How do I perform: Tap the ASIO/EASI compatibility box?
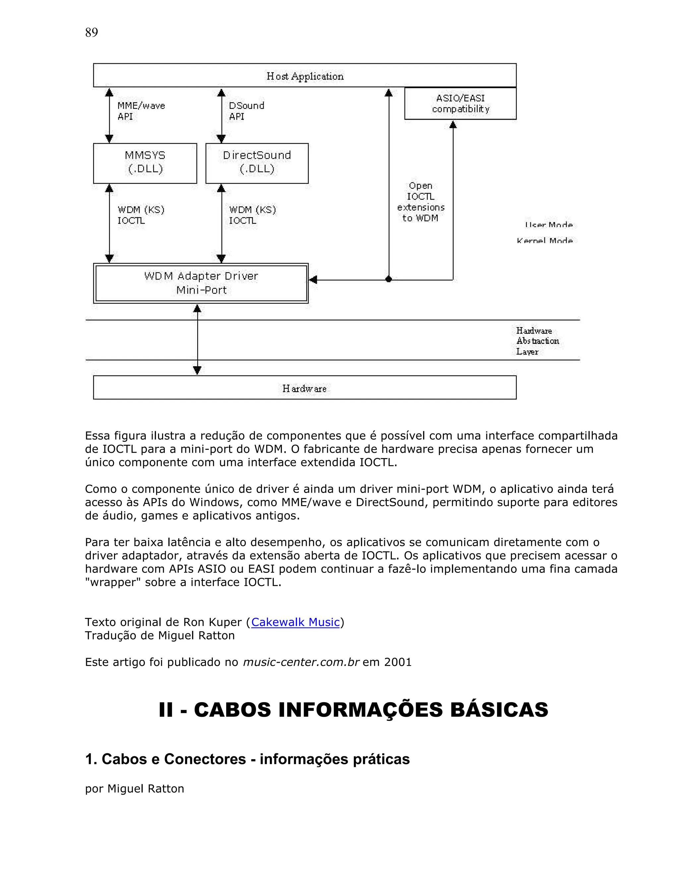click(x=460, y=104)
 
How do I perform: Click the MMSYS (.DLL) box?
click(x=145, y=163)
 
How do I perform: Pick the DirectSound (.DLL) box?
click(x=257, y=163)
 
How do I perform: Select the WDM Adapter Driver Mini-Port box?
click(x=201, y=283)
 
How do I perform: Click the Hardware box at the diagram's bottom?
click(x=304, y=388)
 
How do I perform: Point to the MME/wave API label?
click(x=141, y=111)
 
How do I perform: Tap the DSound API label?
click(x=246, y=111)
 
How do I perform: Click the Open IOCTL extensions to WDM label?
click(x=420, y=202)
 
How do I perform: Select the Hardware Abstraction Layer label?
click(x=537, y=341)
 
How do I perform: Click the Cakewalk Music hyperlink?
click(x=295, y=622)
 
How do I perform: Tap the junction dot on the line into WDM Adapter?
click(x=389, y=279)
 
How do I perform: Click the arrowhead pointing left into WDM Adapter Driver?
click(x=313, y=279)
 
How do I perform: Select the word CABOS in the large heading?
click(x=232, y=710)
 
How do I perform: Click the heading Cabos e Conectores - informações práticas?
click(x=247, y=759)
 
